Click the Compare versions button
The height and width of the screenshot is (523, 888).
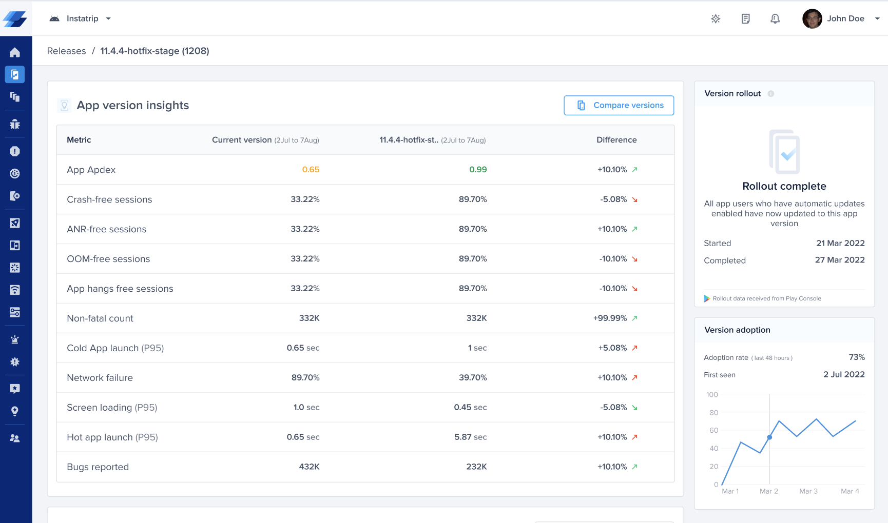(x=619, y=105)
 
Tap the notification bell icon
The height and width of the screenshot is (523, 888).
(x=775, y=19)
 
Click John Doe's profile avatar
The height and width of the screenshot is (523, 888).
(x=812, y=19)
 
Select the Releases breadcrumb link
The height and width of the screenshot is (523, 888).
(x=66, y=51)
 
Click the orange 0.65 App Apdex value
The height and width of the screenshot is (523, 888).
(x=311, y=170)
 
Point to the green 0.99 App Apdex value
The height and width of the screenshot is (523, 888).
(x=478, y=170)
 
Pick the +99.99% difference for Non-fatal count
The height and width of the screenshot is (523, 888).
(x=610, y=318)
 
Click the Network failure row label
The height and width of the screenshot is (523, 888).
(x=100, y=378)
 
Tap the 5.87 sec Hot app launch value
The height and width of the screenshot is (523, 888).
(x=470, y=437)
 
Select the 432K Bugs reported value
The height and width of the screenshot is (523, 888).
(x=309, y=467)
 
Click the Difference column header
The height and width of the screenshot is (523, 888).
(x=616, y=140)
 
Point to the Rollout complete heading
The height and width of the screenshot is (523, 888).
(x=784, y=186)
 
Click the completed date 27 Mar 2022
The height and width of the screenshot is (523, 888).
(x=840, y=260)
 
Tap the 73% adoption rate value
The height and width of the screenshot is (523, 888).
(x=857, y=357)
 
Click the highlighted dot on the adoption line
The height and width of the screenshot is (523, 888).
(x=769, y=437)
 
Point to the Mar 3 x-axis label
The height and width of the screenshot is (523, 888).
(x=808, y=491)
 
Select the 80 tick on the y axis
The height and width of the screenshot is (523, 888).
(x=713, y=413)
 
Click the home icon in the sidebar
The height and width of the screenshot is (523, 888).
(x=15, y=52)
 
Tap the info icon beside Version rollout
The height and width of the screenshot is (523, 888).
(x=771, y=94)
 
